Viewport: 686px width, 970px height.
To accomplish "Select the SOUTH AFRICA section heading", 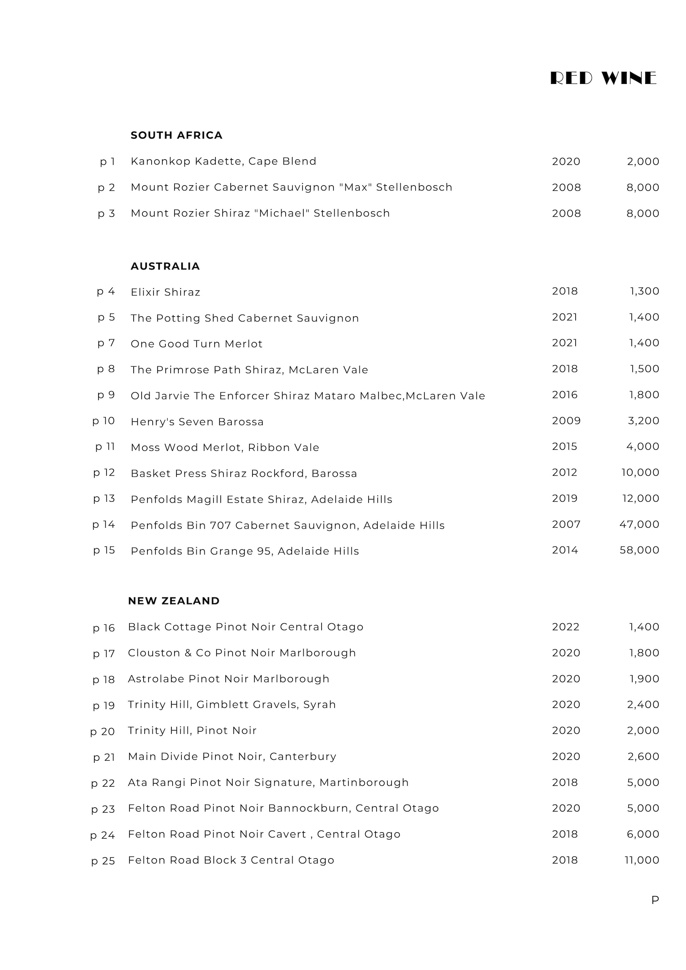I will (x=176, y=135).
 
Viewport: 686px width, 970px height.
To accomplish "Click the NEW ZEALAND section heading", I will (x=174, y=601).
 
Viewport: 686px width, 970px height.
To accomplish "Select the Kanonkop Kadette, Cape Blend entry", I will (x=223, y=161).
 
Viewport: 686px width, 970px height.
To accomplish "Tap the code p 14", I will (x=104, y=525).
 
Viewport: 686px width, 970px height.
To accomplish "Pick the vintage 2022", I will (x=565, y=627).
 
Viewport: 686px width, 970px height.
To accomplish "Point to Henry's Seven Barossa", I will (x=197, y=422).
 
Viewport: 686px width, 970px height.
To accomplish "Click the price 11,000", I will (x=641, y=860).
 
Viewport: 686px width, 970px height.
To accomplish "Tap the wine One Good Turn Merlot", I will (x=197, y=344).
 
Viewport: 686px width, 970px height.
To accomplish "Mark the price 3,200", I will (x=643, y=421).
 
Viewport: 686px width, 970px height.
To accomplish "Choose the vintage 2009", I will (x=566, y=421).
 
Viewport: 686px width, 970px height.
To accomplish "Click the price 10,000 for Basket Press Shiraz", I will (x=640, y=472).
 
